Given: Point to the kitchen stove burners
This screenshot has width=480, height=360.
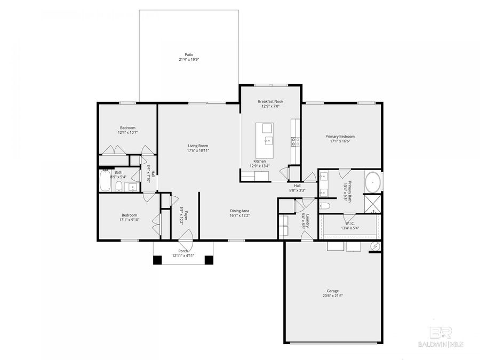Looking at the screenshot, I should coord(294,141).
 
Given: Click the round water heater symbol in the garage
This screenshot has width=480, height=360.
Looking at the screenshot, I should coord(375,246).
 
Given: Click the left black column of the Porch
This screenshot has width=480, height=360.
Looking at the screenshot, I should coord(157,260).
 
